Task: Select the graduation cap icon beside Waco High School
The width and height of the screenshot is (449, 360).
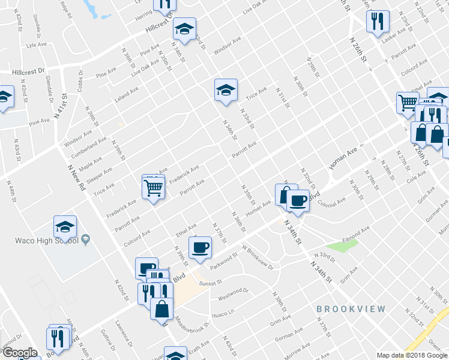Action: pos(65,227)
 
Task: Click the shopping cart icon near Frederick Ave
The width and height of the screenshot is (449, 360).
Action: pos(153,188)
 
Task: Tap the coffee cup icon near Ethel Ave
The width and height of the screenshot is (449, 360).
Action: pos(200,247)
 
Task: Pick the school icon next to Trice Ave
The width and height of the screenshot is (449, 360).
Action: pos(226,91)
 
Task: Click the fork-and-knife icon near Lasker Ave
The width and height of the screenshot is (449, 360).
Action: pos(378,22)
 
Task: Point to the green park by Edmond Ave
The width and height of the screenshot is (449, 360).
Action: pos(343,245)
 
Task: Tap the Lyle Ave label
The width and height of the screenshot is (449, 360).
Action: pos(37,44)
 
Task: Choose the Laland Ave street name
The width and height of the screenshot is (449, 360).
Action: pos(127,94)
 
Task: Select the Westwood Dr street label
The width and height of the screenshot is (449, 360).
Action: pos(233,293)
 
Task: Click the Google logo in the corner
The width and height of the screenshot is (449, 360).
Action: pos(20,353)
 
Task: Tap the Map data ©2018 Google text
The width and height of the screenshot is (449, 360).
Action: pos(411,355)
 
